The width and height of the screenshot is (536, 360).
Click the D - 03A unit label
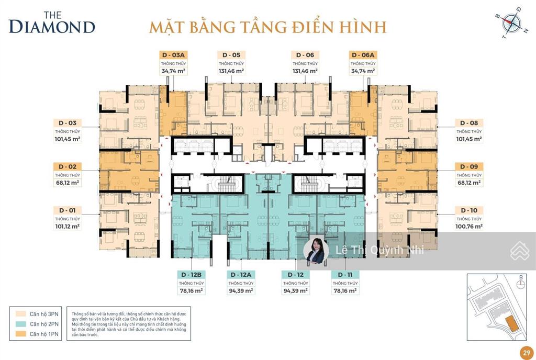tap(173, 55)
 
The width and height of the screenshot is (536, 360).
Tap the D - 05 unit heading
tap(231, 55)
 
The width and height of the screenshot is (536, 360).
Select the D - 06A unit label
tap(363, 55)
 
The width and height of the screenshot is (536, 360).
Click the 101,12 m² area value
tap(66, 227)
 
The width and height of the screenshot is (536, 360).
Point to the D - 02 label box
tap(66, 166)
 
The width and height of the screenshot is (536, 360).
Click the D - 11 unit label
tap(344, 275)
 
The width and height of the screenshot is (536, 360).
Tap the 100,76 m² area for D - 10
tap(468, 227)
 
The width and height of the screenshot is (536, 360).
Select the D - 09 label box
tap(468, 166)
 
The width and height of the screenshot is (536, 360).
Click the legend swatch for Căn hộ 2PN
tap(20, 324)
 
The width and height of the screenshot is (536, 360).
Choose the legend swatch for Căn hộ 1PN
tap(20, 334)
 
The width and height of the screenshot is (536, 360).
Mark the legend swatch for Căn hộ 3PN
tap(20, 314)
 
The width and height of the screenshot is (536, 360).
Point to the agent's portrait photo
tap(316, 251)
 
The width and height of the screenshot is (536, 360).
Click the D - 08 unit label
tap(468, 123)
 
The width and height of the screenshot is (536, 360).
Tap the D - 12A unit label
tap(241, 275)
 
